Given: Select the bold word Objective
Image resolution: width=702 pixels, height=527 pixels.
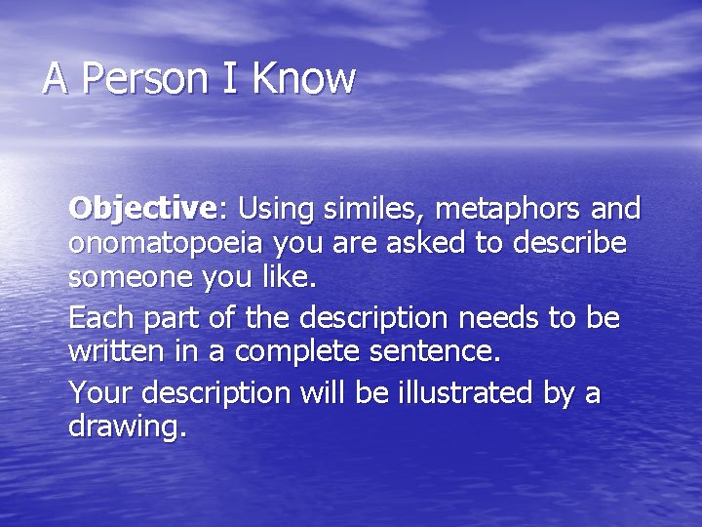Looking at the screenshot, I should (141, 209).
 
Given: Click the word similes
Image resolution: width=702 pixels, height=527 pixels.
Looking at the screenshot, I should (373, 209).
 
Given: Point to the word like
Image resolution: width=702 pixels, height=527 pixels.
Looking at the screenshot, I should (292, 276).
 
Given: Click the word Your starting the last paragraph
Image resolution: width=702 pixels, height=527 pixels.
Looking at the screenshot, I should (101, 393).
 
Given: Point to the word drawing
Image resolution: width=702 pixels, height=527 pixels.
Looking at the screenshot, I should (124, 426).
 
